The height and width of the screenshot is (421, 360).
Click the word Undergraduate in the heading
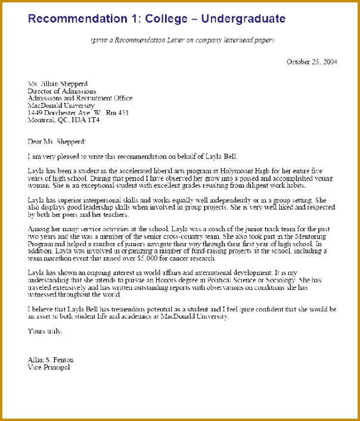tap(243, 19)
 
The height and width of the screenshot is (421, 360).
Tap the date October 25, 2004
tap(312, 61)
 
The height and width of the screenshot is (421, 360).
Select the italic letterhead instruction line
tap(182, 40)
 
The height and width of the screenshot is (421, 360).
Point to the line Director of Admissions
tap(62, 91)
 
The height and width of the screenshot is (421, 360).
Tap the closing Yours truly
tap(45, 331)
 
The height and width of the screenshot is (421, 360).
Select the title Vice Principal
tap(48, 367)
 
